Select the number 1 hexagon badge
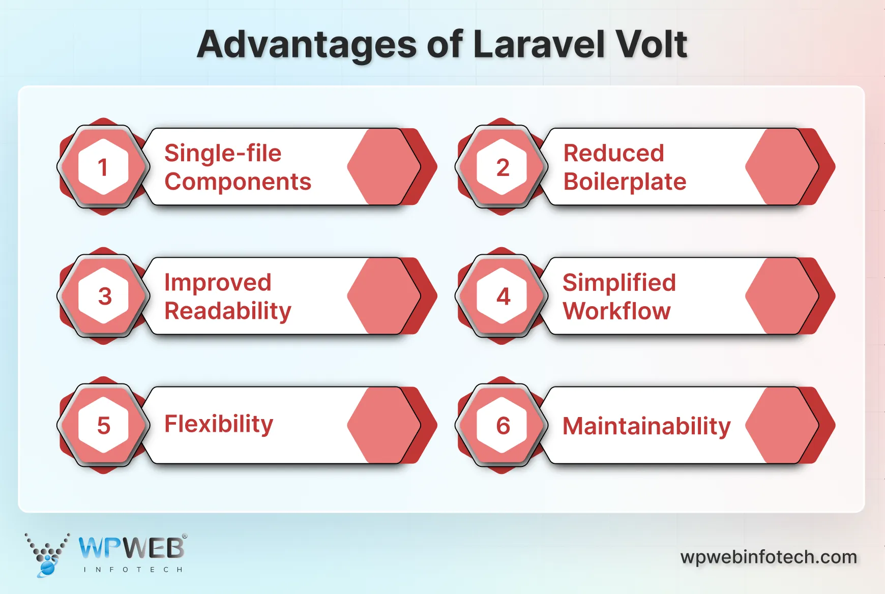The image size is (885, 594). point(103,167)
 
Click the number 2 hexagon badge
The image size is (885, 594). point(502,167)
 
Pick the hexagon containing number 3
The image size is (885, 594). point(103,296)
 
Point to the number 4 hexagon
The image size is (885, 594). point(502,296)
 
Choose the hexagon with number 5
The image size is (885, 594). point(103,425)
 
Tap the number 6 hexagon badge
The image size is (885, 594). point(502,425)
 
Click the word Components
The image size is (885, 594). point(238,182)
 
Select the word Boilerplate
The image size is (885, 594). point(625,182)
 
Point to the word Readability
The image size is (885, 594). point(228,311)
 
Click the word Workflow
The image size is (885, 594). point(616,311)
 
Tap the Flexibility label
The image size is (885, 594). point(219,424)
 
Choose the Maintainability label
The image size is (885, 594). point(646,426)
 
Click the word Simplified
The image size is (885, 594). point(619,283)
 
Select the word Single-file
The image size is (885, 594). point(223,154)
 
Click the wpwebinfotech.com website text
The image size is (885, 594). point(769,557)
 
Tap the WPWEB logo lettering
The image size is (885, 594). point(131,548)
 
